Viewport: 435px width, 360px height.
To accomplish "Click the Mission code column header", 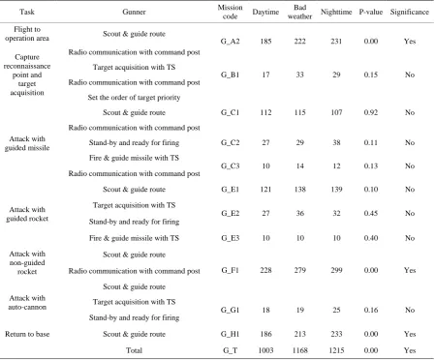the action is tap(230, 12).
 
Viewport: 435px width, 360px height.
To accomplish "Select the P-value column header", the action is tap(371, 12).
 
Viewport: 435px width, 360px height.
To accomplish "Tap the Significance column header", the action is tap(410, 12).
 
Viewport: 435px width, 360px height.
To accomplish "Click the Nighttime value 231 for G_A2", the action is tap(336, 42).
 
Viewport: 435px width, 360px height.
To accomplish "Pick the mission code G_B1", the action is tap(230, 75).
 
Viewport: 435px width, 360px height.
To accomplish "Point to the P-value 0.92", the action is tap(371, 112).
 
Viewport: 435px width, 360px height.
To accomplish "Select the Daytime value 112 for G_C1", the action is tap(265, 112).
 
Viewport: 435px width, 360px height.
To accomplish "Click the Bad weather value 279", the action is tap(299, 270).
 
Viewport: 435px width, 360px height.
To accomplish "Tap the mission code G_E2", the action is tap(230, 213).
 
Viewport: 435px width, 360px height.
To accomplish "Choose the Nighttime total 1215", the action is tap(336, 350).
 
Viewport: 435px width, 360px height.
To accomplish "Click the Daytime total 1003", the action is tap(265, 350).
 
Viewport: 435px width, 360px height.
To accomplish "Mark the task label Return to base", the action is tap(27, 334).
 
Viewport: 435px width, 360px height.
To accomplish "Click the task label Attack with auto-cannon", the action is tap(27, 303).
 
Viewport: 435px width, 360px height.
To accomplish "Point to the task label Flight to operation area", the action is tap(27, 34).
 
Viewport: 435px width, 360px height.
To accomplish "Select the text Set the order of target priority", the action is tap(134, 98).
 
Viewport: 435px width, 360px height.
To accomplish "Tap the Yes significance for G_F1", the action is tap(410, 270).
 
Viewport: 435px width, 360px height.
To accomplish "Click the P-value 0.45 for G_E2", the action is tap(371, 213).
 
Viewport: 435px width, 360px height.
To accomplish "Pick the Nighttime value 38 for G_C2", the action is tap(336, 142).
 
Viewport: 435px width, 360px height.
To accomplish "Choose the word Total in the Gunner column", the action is tap(134, 350).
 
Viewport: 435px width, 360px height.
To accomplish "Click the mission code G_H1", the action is tap(230, 334).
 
